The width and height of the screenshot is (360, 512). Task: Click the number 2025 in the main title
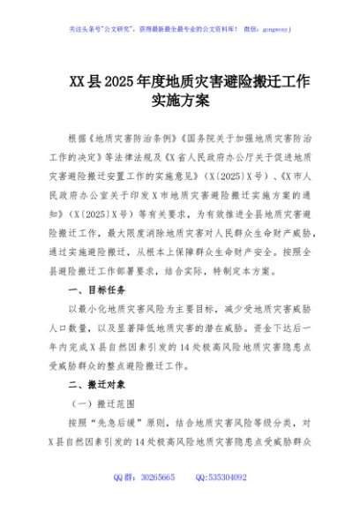pyautogui.click(x=121, y=82)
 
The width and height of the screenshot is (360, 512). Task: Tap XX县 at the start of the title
pyautogui.click(x=85, y=82)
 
